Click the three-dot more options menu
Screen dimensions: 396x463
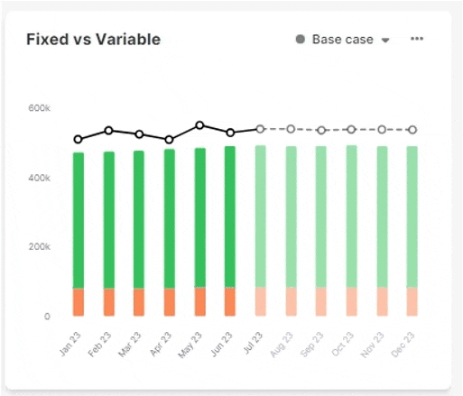point(417,39)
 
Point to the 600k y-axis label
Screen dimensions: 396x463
point(39,108)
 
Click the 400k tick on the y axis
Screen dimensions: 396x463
point(39,178)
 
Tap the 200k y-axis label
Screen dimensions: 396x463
point(39,247)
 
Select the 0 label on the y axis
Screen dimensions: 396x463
point(46,317)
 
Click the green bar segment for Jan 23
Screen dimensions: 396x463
point(79,220)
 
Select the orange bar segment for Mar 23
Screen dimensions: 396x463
point(139,302)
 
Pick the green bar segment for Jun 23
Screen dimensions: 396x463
point(230,216)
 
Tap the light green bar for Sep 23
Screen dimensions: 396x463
point(320,216)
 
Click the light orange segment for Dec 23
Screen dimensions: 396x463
point(412,301)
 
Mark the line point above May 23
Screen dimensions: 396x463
point(199,125)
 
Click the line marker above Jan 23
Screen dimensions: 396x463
point(79,140)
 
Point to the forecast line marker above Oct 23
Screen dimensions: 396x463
point(351,129)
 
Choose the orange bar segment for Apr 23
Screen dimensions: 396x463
point(170,302)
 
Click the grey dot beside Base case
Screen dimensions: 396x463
point(300,40)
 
